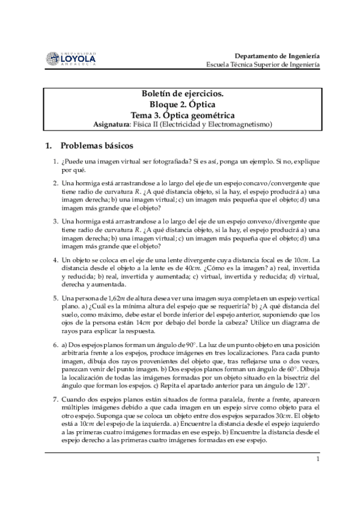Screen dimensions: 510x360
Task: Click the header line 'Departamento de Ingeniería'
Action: [x=277, y=54]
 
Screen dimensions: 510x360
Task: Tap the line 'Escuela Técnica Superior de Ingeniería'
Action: [x=263, y=64]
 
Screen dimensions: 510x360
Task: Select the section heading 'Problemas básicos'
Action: [x=97, y=146]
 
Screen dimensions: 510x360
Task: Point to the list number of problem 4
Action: [x=55, y=260]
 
